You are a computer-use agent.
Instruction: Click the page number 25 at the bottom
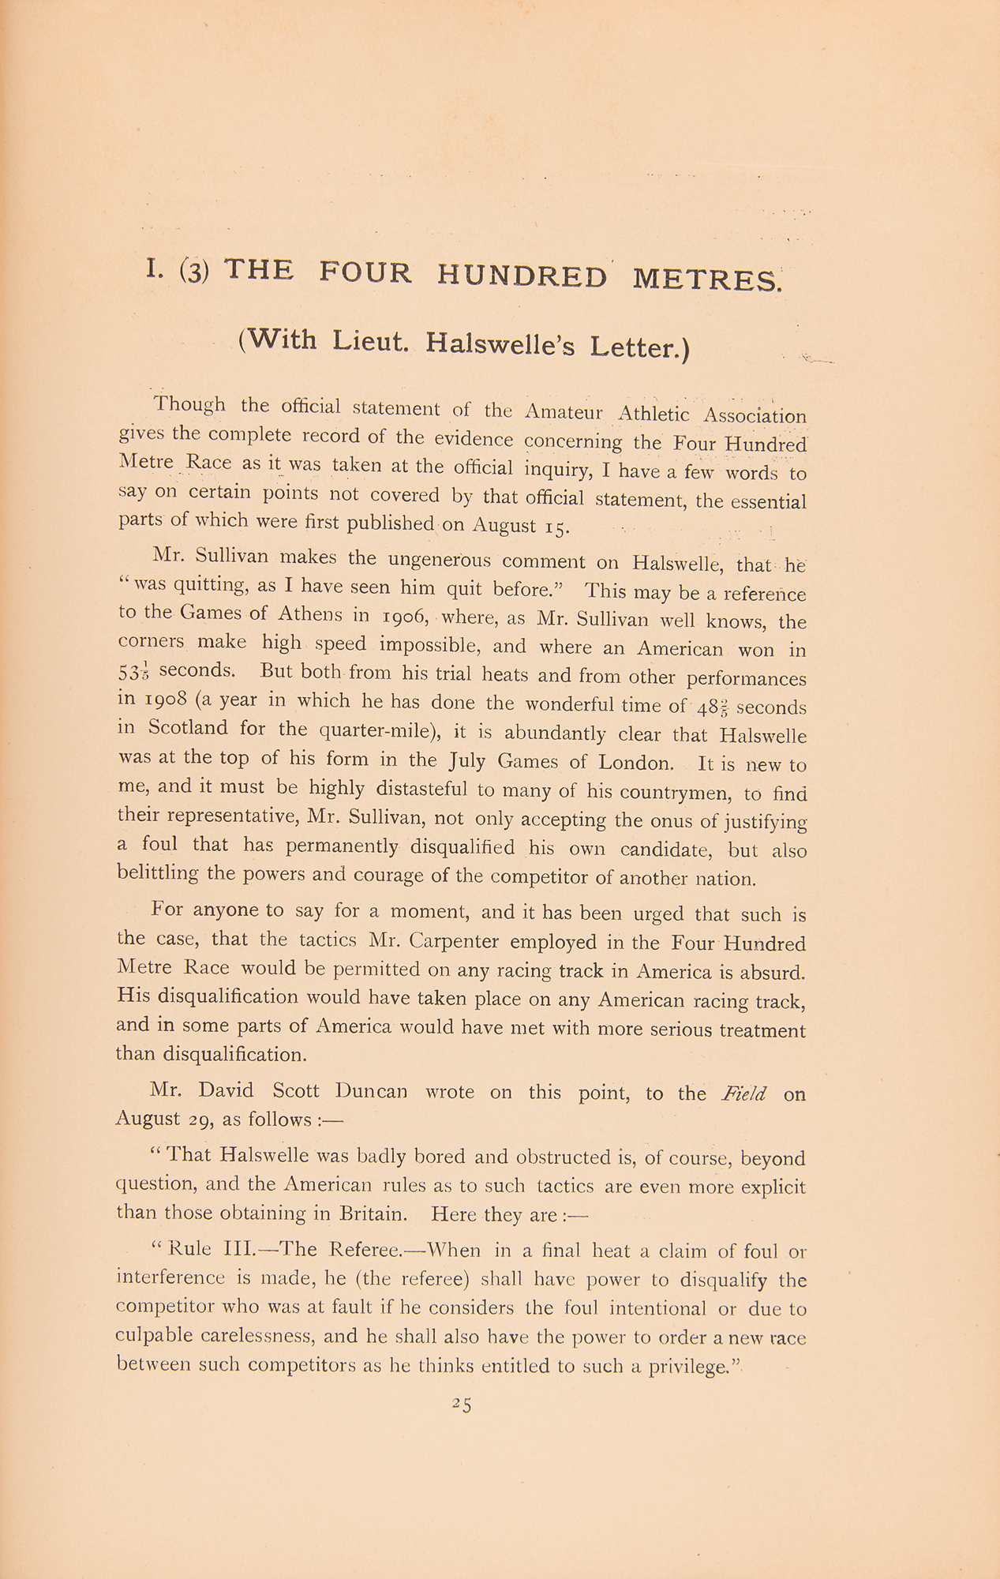[461, 1403]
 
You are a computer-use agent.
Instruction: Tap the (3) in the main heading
[193, 272]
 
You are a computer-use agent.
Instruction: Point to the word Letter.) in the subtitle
[640, 347]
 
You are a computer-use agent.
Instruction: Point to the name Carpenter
[457, 942]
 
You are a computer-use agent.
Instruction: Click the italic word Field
[743, 1093]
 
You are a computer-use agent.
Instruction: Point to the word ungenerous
[440, 560]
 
